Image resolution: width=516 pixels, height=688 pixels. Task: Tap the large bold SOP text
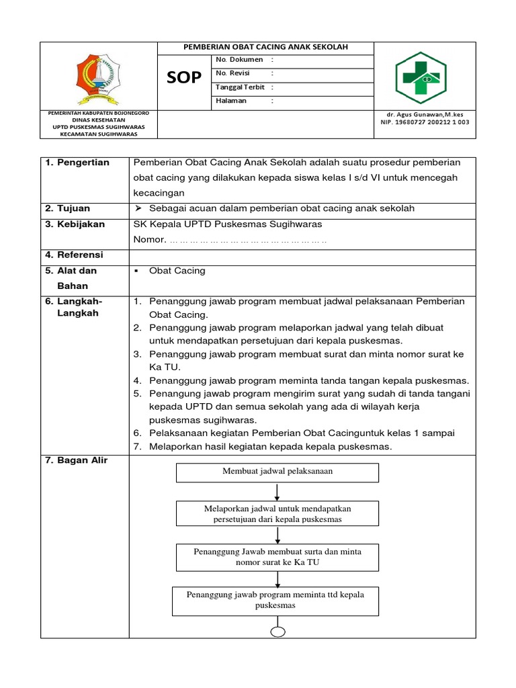[184, 78]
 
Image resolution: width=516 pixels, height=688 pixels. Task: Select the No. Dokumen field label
[239, 60]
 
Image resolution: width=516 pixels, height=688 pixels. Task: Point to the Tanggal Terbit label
[240, 87]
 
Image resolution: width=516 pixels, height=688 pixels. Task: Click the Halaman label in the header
[231, 101]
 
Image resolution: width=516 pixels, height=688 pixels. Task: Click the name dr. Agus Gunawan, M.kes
[425, 114]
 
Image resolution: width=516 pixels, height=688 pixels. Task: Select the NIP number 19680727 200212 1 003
[425, 122]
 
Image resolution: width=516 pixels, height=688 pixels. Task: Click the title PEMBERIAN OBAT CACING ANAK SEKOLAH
[265, 47]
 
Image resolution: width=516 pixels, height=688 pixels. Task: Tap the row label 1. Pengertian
[77, 163]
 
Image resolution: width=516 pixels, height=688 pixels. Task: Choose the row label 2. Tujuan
[68, 208]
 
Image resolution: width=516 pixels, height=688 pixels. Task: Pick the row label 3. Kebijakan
[75, 224]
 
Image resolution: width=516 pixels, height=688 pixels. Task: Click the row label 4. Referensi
[75, 255]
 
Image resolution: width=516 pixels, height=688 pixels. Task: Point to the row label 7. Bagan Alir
[76, 460]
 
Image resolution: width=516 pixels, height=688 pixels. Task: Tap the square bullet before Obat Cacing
[136, 271]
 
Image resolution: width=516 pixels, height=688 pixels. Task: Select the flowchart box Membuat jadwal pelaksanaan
[277, 472]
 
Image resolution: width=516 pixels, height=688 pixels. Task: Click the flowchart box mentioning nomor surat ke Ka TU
[277, 557]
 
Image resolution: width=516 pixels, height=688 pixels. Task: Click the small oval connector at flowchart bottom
[277, 631]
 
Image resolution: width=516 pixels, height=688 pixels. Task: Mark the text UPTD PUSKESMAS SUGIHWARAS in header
[98, 126]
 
